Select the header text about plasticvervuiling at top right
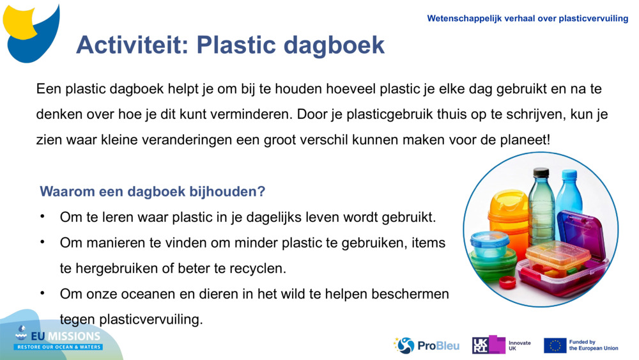pyautogui.click(x=527, y=19)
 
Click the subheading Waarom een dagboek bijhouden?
pyautogui.click(x=152, y=191)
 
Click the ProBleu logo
pyautogui.click(x=427, y=345)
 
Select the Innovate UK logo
pyautogui.click(x=502, y=345)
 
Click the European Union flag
pyautogui.click(x=555, y=345)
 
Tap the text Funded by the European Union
pyautogui.click(x=594, y=345)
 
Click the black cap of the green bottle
pyautogui.click(x=541, y=172)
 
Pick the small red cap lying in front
pyautogui.click(x=508, y=281)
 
